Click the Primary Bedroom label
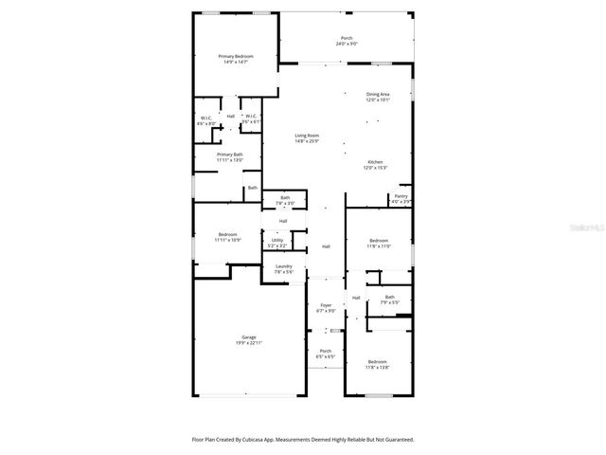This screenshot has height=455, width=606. [x=236, y=56]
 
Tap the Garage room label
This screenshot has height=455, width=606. [x=249, y=337]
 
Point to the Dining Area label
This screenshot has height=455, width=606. [x=378, y=94]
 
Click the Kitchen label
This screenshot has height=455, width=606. [x=376, y=162]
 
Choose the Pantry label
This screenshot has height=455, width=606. [x=401, y=196]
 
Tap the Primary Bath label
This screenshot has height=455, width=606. [x=230, y=155]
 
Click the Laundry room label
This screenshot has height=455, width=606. [x=284, y=266]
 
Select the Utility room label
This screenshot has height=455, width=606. [x=277, y=240]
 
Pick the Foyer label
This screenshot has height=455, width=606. [x=326, y=305]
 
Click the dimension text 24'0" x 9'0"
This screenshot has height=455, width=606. [x=346, y=44]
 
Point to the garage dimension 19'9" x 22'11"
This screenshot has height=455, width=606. [x=249, y=343]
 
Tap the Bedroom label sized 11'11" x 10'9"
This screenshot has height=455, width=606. [x=227, y=234]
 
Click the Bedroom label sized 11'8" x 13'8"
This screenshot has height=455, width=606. [x=378, y=361]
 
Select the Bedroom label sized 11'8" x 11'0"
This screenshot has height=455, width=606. [x=378, y=241]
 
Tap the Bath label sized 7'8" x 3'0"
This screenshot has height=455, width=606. [x=285, y=197]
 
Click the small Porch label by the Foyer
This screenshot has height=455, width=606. [x=326, y=352]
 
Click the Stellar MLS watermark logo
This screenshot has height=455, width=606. [x=579, y=227]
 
